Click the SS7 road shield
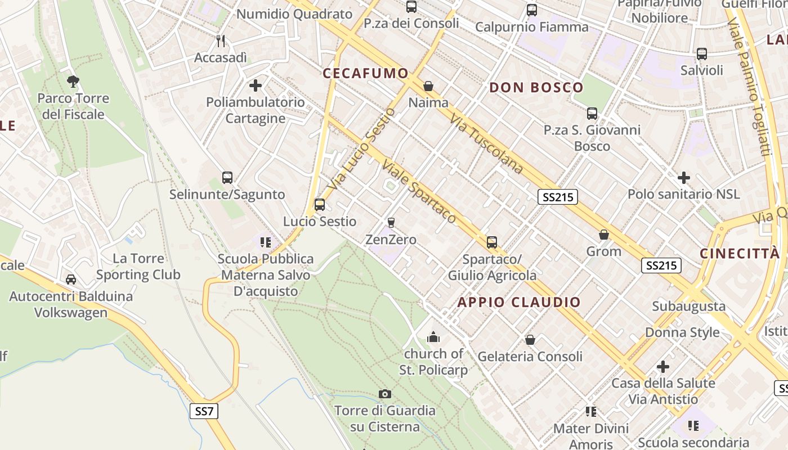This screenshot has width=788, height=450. pos(204,411)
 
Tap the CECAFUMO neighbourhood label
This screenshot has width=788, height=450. pos(365,73)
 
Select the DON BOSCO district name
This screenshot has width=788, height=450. pos(536,87)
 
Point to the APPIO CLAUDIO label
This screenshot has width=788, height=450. pos(518,302)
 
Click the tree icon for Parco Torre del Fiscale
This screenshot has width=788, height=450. pos(73,82)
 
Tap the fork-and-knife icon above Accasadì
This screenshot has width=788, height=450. pos(221,41)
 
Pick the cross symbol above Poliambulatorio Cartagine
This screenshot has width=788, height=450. pos(256,85)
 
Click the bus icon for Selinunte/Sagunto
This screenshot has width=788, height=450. pos(227,178)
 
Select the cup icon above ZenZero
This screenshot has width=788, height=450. pos(391,223)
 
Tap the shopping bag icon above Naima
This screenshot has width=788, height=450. pos(428,86)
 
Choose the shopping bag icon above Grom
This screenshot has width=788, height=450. pos(604,235)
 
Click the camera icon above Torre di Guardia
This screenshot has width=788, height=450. pos(385,394)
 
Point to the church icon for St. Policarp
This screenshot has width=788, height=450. pos(433,337)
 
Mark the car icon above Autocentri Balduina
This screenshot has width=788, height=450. pos(71,280)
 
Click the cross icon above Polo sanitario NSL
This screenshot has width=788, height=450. pos(684,178)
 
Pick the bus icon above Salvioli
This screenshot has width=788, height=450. pos(702,54)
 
